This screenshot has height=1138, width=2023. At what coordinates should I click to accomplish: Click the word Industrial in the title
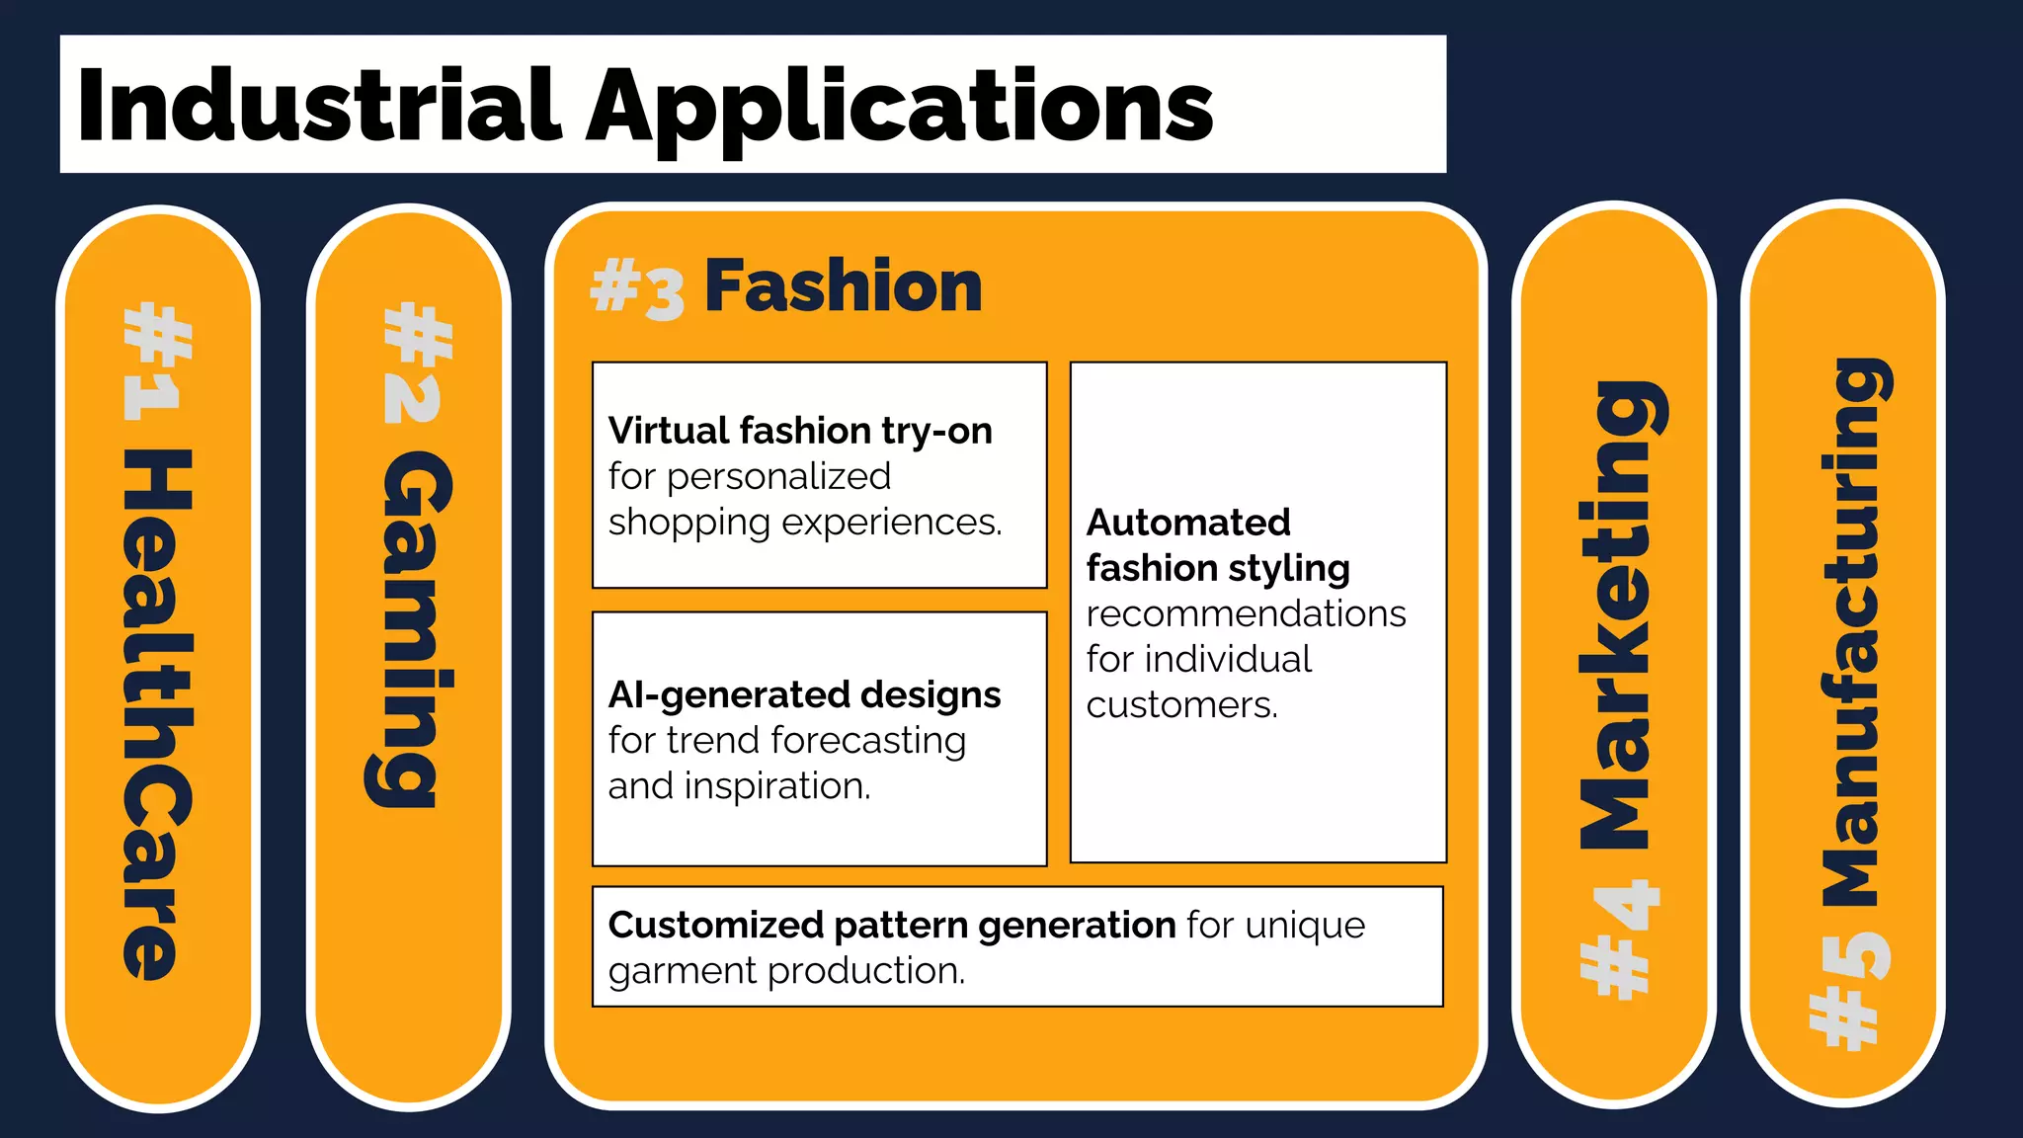(318, 106)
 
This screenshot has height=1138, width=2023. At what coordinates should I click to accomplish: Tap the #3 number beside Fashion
(637, 288)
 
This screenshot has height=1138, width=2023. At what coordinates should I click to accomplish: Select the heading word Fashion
(843, 286)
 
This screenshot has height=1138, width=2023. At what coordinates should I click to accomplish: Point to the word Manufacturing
(1852, 632)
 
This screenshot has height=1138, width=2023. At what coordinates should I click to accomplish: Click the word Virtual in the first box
(669, 431)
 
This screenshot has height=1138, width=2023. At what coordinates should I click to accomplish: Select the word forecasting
(868, 741)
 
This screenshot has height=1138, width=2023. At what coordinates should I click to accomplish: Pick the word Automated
(1188, 522)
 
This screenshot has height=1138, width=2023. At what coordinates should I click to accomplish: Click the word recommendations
(1246, 613)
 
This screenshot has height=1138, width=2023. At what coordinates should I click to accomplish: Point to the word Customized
(715, 926)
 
